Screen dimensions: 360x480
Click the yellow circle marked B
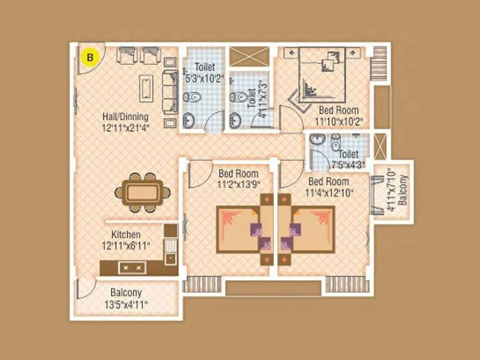click(x=90, y=58)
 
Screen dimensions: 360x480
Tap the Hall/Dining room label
click(x=125, y=117)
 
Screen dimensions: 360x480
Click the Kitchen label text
click(x=126, y=235)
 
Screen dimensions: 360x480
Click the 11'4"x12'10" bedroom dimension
click(x=329, y=192)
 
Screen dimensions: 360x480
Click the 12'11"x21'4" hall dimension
click(x=125, y=127)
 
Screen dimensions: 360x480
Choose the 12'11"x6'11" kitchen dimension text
click(x=126, y=245)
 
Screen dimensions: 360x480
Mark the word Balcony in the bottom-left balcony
click(x=125, y=293)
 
